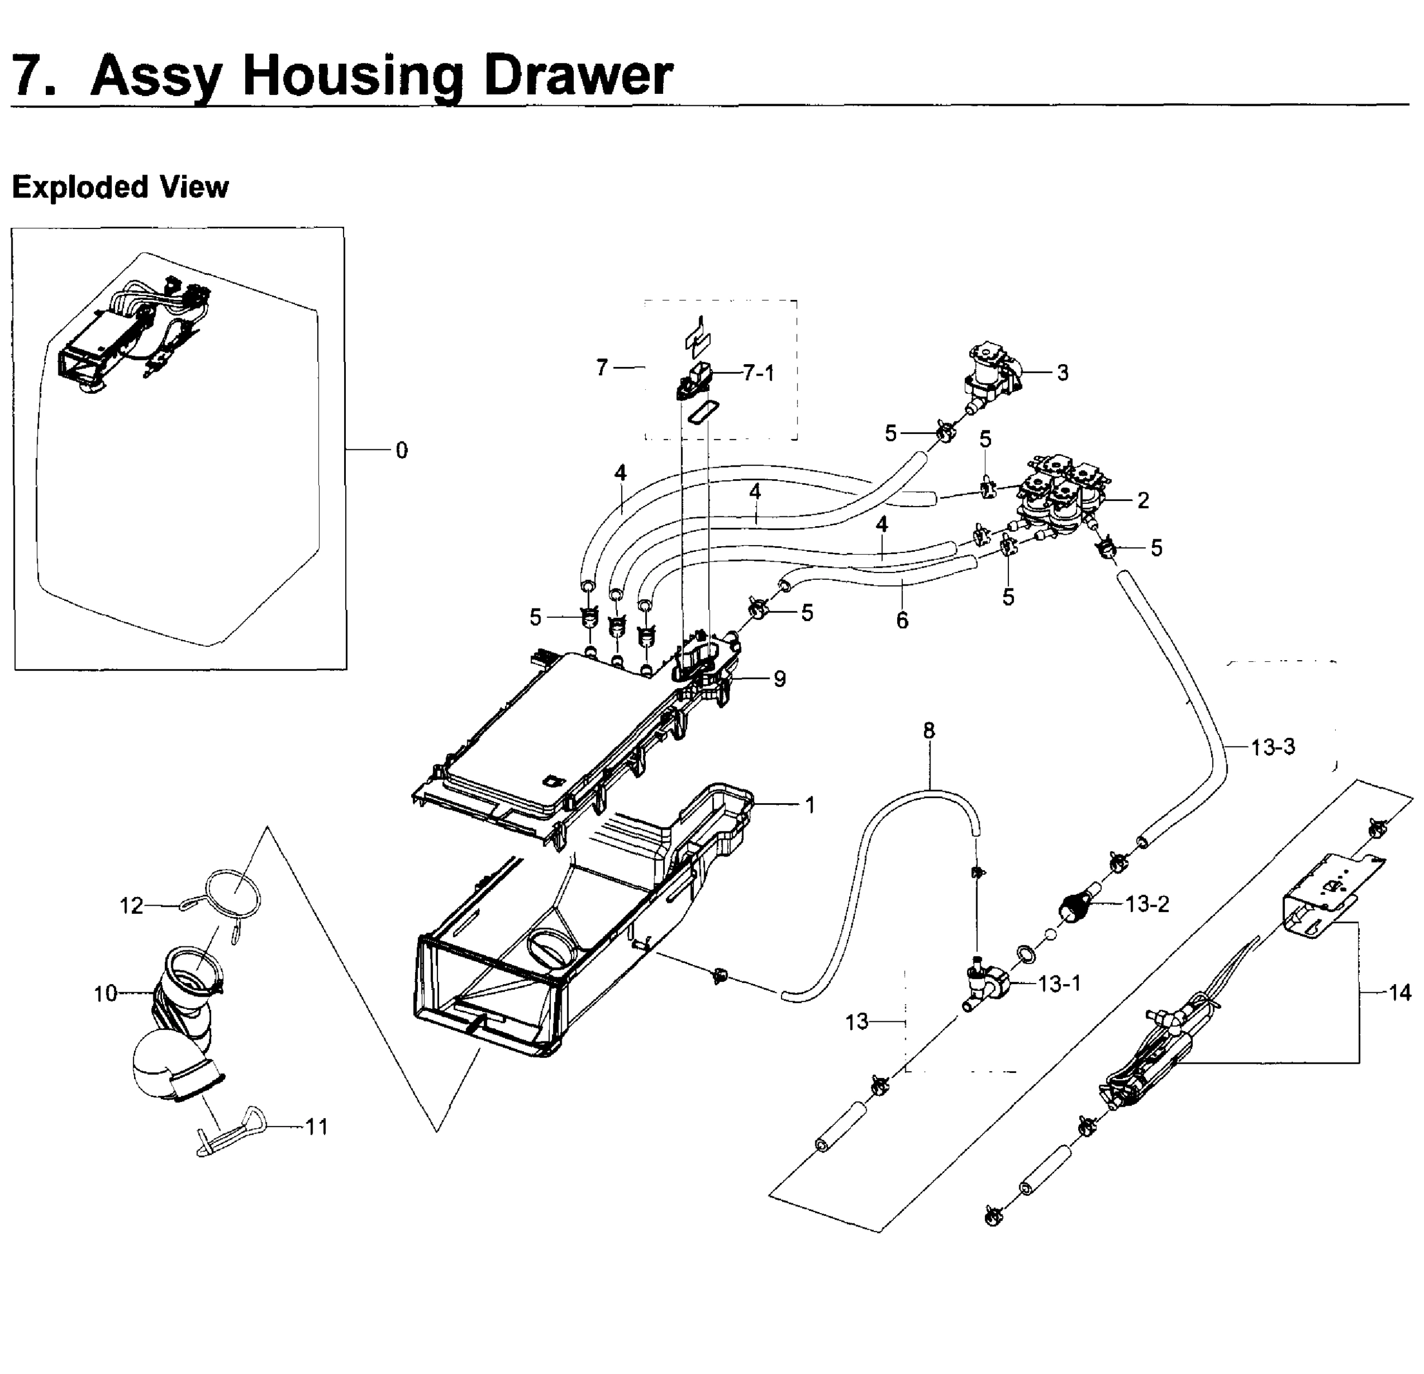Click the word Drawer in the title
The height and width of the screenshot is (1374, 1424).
[x=578, y=75]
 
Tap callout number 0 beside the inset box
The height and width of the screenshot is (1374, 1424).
[x=401, y=451]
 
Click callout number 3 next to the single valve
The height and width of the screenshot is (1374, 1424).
[x=1062, y=373]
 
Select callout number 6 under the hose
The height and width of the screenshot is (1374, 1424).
[x=902, y=620]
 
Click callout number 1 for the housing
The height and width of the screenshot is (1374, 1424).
[x=810, y=804]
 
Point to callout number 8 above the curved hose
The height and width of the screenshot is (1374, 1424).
[x=929, y=731]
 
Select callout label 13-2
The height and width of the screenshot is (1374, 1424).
[x=1147, y=903]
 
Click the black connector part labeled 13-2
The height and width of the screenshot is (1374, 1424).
[x=1074, y=907]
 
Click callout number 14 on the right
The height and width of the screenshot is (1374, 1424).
[x=1399, y=992]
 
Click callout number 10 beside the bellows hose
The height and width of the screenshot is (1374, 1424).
[x=105, y=993]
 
